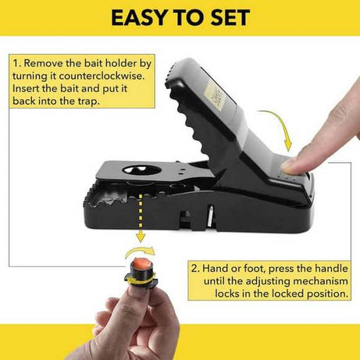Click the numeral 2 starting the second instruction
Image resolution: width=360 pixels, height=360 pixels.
[x=194, y=267]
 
